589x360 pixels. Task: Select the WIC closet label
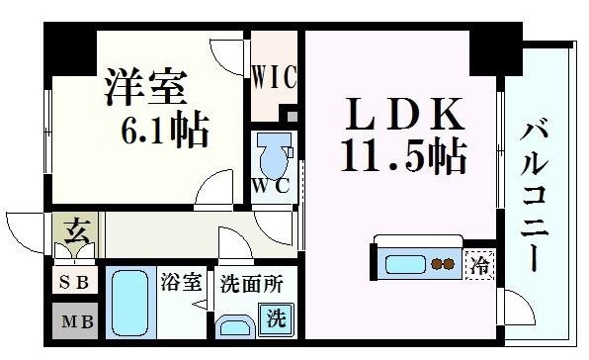(x=273, y=76)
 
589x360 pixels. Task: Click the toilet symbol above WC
(x=271, y=153)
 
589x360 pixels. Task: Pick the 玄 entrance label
(x=75, y=235)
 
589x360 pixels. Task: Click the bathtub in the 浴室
(x=129, y=304)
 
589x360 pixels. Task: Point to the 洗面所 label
(x=252, y=283)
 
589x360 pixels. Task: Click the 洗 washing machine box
(x=280, y=319)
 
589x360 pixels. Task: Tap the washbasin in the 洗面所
(x=234, y=325)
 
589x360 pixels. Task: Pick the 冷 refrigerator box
(x=479, y=265)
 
